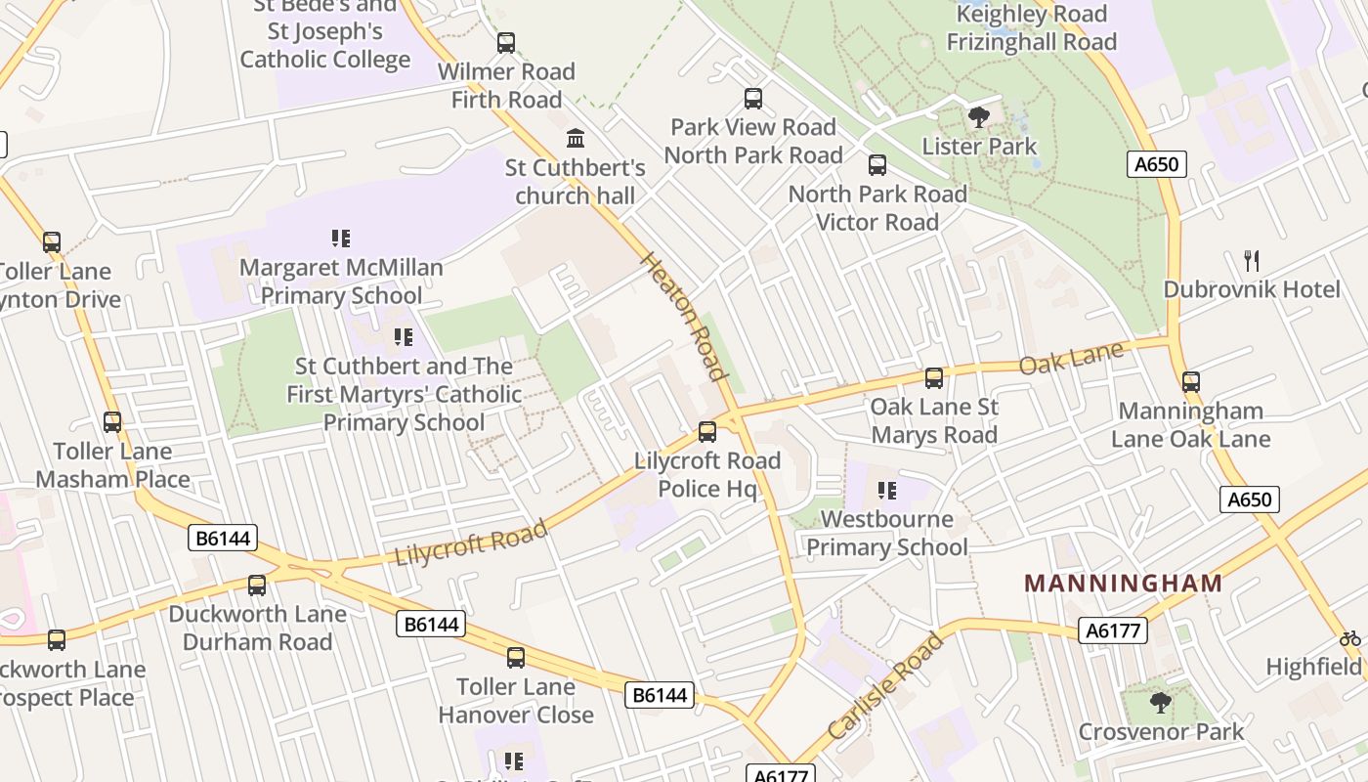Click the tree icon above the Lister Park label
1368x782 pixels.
(978, 118)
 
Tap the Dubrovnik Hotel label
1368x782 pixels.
(1252, 289)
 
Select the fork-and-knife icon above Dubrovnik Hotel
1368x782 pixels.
(1252, 260)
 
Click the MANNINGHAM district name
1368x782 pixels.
(1123, 584)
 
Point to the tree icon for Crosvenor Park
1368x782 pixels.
(1160, 702)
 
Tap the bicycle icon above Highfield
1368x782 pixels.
(1350, 638)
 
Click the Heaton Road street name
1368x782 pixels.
(685, 316)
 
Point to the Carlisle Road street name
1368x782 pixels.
(885, 685)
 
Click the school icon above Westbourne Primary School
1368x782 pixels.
(886, 490)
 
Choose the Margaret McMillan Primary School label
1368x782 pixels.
(341, 282)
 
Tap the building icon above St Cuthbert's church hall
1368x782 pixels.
(576, 138)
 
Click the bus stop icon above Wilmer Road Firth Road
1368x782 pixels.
(506, 43)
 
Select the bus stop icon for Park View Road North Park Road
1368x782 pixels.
(753, 98)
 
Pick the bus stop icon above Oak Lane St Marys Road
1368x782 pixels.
(934, 377)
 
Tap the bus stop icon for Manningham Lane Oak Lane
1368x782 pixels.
(1190, 381)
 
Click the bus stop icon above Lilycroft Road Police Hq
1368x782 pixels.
(706, 431)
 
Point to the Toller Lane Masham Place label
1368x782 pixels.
(112, 465)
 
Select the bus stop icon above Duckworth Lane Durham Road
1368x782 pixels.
(257, 585)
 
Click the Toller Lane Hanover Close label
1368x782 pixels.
(515, 701)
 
